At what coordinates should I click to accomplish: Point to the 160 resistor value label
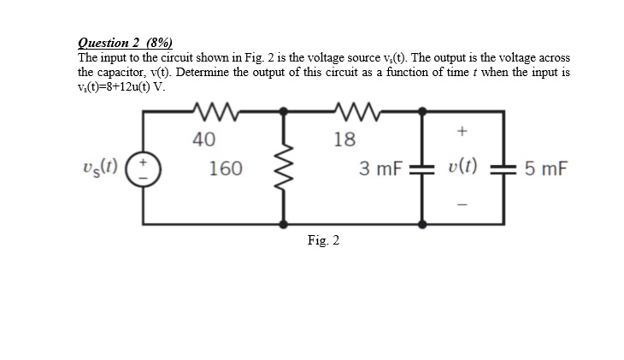tap(225, 168)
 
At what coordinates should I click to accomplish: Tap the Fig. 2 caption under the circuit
tap(323, 240)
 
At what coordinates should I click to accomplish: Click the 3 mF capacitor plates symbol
tap(421, 168)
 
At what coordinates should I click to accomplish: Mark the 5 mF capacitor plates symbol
tap(506, 168)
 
